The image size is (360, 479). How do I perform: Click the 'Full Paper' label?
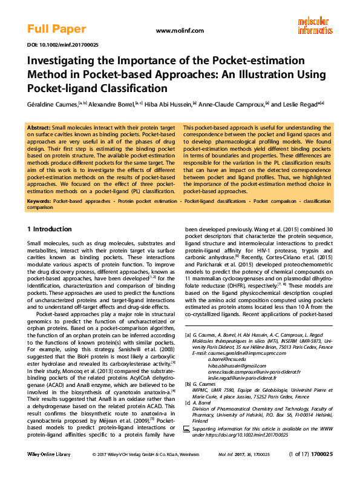[56, 29]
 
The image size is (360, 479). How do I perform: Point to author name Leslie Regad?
[303, 104]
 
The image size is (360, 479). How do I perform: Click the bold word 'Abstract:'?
[39, 128]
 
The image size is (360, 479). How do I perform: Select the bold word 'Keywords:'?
[39, 200]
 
